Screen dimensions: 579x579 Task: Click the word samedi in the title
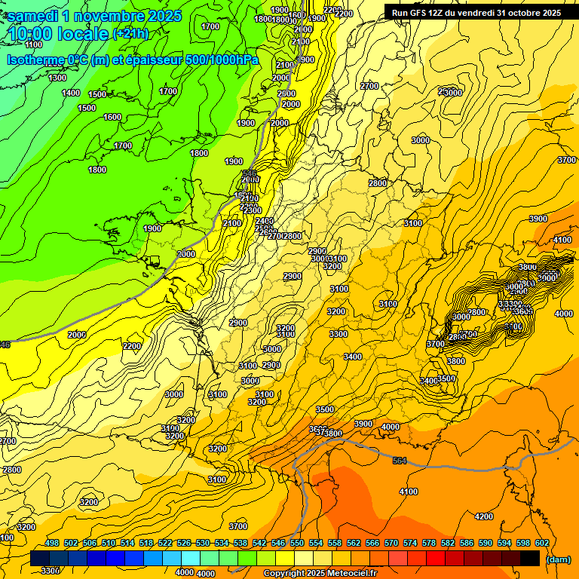pyautogui.click(x=38, y=16)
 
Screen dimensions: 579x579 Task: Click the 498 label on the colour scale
pyautogui.click(x=52, y=543)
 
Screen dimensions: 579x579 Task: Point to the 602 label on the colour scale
pyautogui.click(x=541, y=543)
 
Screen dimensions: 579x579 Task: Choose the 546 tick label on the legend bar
pyautogui.click(x=278, y=543)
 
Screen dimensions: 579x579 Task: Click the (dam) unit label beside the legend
pyautogui.click(x=557, y=559)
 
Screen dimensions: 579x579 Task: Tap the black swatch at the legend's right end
pyautogui.click(x=530, y=558)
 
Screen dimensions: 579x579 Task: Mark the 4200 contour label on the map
pyautogui.click(x=484, y=516)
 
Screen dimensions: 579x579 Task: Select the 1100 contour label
pyautogui.click(x=33, y=45)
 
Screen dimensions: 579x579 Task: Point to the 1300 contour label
pyautogui.click(x=57, y=78)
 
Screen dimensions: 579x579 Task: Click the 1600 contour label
pyautogui.click(x=112, y=117)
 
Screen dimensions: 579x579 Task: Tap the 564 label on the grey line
pyautogui.click(x=400, y=461)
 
